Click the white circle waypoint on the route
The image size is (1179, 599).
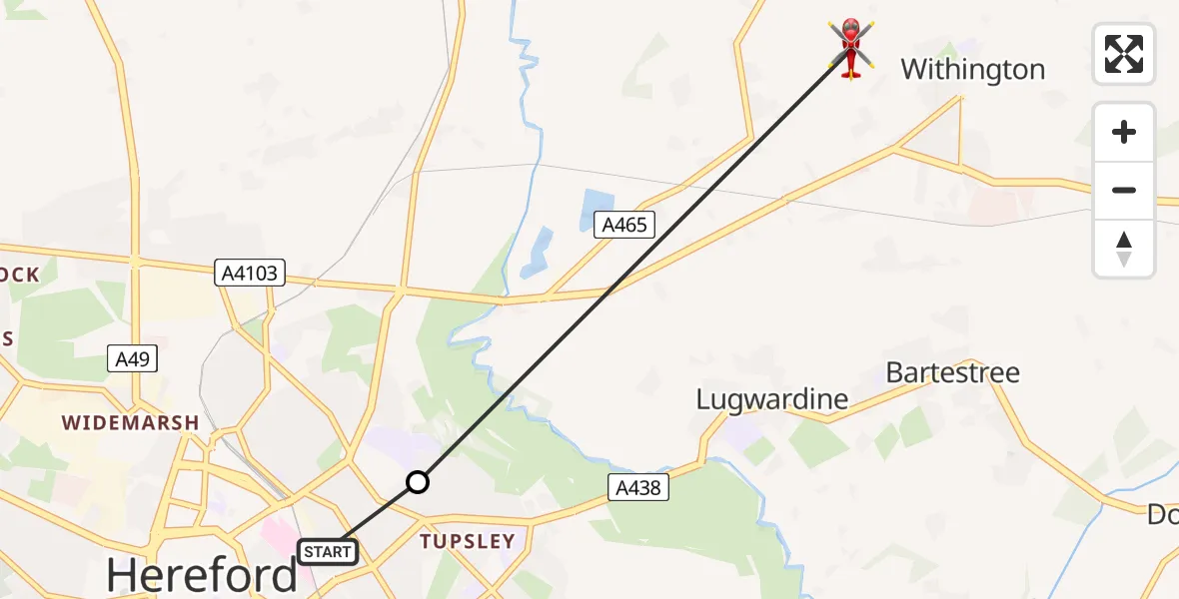point(418,483)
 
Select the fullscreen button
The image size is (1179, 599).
point(1124,54)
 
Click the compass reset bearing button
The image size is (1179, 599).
point(1124,249)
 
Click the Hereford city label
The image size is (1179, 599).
point(202,575)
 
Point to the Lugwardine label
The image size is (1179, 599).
point(771,400)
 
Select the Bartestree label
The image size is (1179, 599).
point(952,373)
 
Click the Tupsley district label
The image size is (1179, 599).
point(468,541)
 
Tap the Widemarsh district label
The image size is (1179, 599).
point(130,423)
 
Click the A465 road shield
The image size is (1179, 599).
point(624,225)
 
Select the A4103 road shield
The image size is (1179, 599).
point(250,272)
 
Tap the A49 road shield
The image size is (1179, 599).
point(132,359)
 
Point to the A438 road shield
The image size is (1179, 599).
point(636,487)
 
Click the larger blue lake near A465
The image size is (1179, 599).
point(595,211)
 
